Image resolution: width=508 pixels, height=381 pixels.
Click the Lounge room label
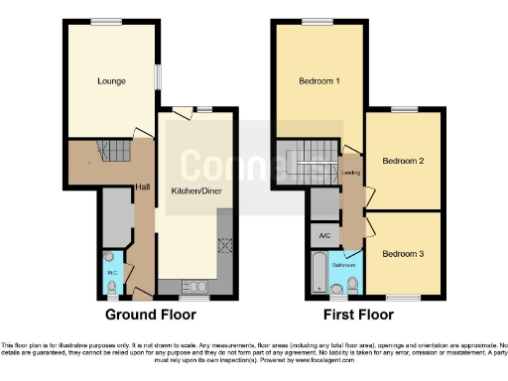[x=111, y=80]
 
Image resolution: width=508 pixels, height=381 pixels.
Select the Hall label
[x=143, y=187]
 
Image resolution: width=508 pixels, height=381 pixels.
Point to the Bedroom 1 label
[x=319, y=80]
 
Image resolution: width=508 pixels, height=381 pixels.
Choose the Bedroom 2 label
[x=403, y=160]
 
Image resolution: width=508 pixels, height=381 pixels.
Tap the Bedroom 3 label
[x=403, y=254]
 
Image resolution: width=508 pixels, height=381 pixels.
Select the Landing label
[x=350, y=173]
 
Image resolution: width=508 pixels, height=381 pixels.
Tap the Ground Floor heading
[x=151, y=315]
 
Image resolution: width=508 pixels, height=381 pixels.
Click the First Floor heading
[x=359, y=315]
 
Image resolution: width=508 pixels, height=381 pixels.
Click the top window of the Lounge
[x=106, y=22]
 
